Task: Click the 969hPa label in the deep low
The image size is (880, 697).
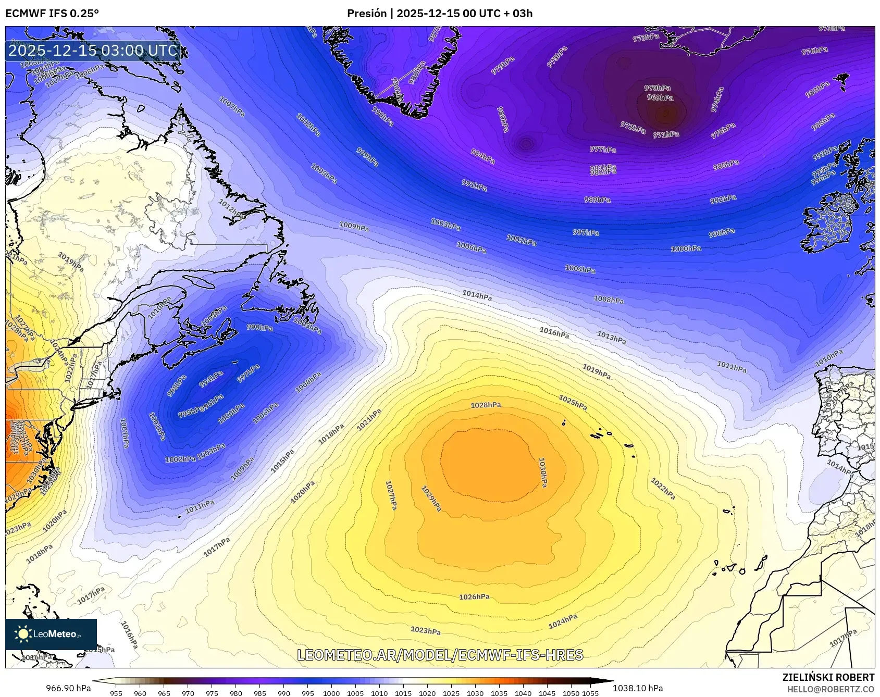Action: [x=660, y=97]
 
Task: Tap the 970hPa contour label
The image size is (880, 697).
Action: [x=657, y=88]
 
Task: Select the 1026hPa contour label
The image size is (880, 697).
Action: [x=474, y=597]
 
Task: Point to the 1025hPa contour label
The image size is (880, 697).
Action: [x=573, y=402]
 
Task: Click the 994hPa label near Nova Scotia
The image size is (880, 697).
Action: [x=211, y=379]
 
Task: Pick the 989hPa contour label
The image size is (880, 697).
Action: [x=597, y=200]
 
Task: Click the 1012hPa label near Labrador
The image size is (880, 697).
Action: [x=231, y=208]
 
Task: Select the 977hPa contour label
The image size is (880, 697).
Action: [x=603, y=150]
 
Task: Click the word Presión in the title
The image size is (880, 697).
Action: [x=367, y=14]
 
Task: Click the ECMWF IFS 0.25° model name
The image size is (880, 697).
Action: [x=52, y=14]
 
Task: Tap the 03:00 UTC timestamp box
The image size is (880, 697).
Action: [x=93, y=51]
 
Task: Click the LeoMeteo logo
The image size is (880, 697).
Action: [x=51, y=634]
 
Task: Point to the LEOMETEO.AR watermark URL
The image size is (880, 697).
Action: [x=440, y=655]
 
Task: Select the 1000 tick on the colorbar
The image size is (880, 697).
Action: [x=331, y=693]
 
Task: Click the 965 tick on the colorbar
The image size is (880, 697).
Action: [x=164, y=693]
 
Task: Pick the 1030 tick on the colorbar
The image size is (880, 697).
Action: [x=475, y=693]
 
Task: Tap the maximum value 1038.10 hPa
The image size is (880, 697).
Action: [x=638, y=688]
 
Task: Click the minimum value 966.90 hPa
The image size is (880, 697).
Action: [x=68, y=688]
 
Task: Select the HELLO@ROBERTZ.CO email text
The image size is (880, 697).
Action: [x=831, y=689]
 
